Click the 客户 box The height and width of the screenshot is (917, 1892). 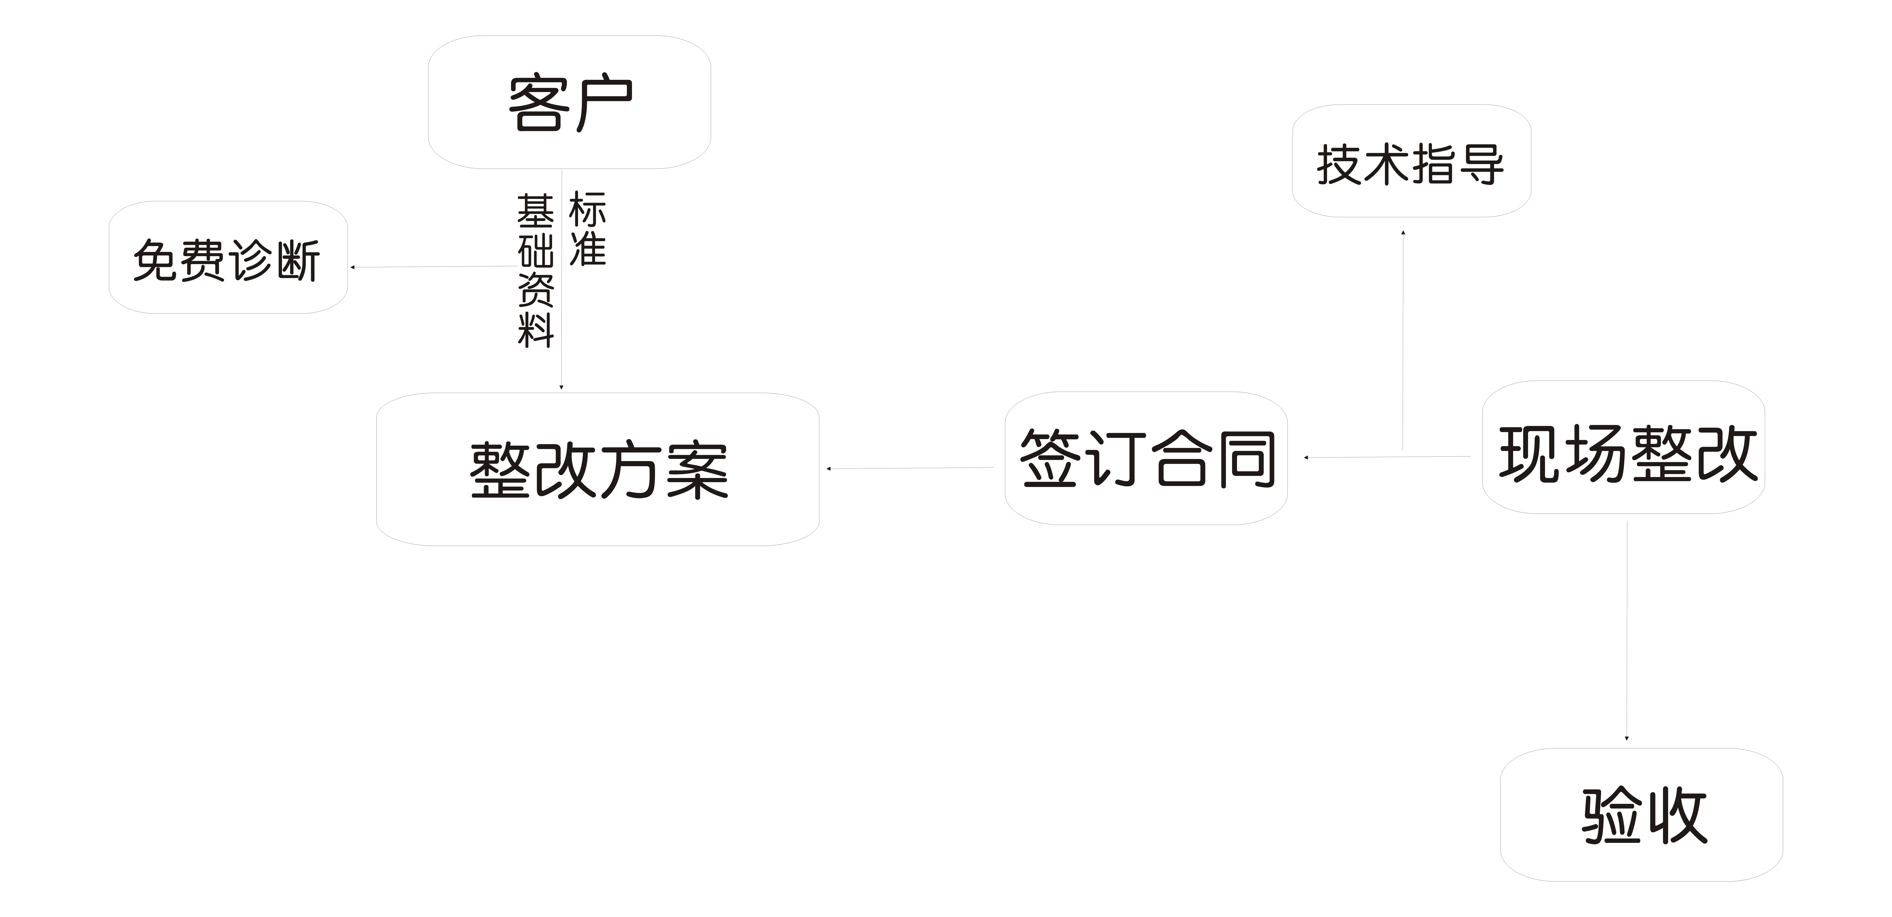(x=569, y=102)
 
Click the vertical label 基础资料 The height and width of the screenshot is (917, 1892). (x=535, y=270)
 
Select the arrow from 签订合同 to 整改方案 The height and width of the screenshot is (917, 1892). (x=911, y=468)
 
